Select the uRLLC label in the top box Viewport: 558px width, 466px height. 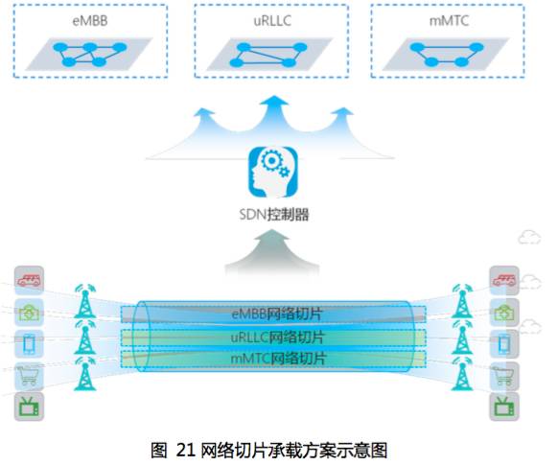click(x=272, y=21)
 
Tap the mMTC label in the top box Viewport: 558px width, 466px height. click(x=449, y=21)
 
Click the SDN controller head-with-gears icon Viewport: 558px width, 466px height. click(x=273, y=173)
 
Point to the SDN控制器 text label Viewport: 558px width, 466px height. click(x=273, y=215)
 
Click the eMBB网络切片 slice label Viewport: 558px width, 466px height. click(x=277, y=314)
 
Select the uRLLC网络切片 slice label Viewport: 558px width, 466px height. click(x=277, y=337)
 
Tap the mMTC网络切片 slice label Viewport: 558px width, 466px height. click(x=278, y=359)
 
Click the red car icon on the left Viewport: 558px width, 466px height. click(x=29, y=281)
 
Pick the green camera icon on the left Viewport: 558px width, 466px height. click(x=29, y=313)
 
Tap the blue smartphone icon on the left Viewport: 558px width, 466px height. click(x=29, y=344)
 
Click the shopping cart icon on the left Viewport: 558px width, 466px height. click(x=29, y=376)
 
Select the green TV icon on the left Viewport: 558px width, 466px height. click(x=29, y=407)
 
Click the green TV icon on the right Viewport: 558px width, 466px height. click(x=504, y=407)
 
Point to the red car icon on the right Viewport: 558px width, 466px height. click(x=504, y=281)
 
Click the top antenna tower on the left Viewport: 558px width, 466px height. click(x=85, y=301)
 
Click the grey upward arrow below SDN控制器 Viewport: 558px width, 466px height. click(x=272, y=253)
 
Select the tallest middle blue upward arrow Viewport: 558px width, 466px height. click(x=273, y=118)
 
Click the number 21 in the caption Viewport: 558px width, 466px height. click(x=186, y=451)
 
